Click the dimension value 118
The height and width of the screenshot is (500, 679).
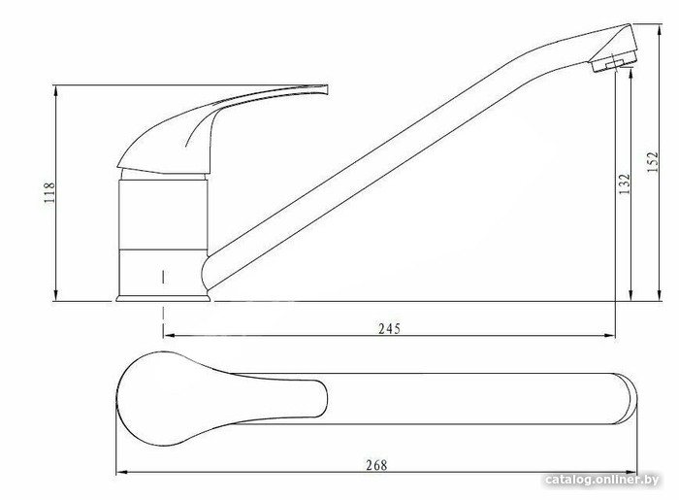click(49, 193)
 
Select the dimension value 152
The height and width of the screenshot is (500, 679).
click(652, 162)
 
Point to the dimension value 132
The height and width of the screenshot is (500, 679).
click(625, 183)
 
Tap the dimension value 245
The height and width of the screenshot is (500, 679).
click(389, 329)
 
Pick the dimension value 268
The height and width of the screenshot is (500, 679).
click(376, 465)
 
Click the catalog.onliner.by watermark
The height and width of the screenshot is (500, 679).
click(602, 480)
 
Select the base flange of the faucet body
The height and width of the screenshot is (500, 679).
click(163, 298)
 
